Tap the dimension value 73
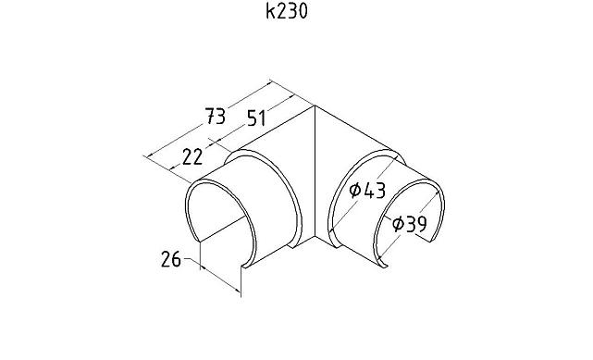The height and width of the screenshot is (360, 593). pyautogui.click(x=215, y=117)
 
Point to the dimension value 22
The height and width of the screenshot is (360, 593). pyautogui.click(x=192, y=156)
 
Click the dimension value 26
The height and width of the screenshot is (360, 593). pyautogui.click(x=170, y=259)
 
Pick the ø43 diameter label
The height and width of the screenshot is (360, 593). pyautogui.click(x=366, y=190)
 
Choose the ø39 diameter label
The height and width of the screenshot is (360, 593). pyautogui.click(x=408, y=223)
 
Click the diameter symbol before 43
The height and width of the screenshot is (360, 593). pyautogui.click(x=354, y=191)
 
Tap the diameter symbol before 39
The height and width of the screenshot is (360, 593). pyautogui.click(x=396, y=223)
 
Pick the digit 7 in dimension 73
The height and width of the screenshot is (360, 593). pyautogui.click(x=209, y=117)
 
